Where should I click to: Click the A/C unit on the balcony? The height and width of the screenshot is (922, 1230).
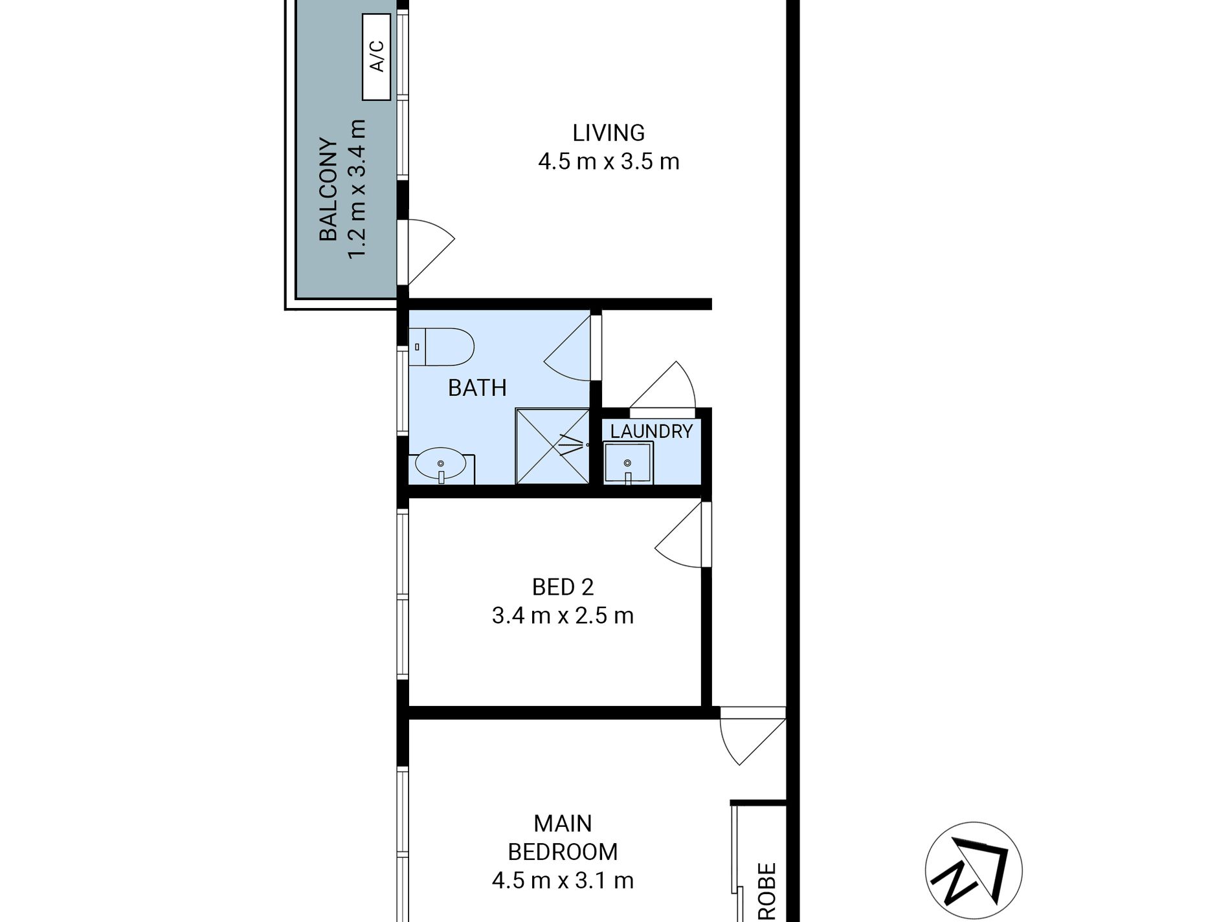click(x=376, y=57)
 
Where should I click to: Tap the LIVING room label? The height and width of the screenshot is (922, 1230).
click(x=609, y=133)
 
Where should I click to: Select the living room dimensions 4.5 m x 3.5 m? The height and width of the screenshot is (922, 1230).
click(x=609, y=161)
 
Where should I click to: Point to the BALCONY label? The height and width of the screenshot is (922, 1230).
click(x=329, y=190)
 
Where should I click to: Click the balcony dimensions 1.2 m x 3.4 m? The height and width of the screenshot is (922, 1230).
click(x=357, y=190)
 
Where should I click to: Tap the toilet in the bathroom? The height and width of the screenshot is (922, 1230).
click(x=441, y=347)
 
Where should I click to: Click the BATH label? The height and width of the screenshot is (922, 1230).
click(x=477, y=388)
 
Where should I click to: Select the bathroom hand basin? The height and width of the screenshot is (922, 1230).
click(x=442, y=466)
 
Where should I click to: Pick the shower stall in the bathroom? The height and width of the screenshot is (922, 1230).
click(x=552, y=446)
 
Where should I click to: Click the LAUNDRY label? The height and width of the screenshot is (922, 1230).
click(x=651, y=431)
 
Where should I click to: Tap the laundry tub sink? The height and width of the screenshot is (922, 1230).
click(x=628, y=463)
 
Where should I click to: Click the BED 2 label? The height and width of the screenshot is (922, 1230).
click(x=563, y=587)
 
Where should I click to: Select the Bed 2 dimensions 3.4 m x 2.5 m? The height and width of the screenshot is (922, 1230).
click(x=563, y=615)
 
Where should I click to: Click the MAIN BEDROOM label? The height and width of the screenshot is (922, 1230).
click(x=563, y=837)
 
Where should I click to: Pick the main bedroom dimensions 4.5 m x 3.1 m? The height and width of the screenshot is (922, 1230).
click(x=563, y=881)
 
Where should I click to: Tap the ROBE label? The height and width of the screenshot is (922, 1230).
click(x=766, y=892)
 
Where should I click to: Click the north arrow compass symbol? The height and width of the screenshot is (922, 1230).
click(x=974, y=871)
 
